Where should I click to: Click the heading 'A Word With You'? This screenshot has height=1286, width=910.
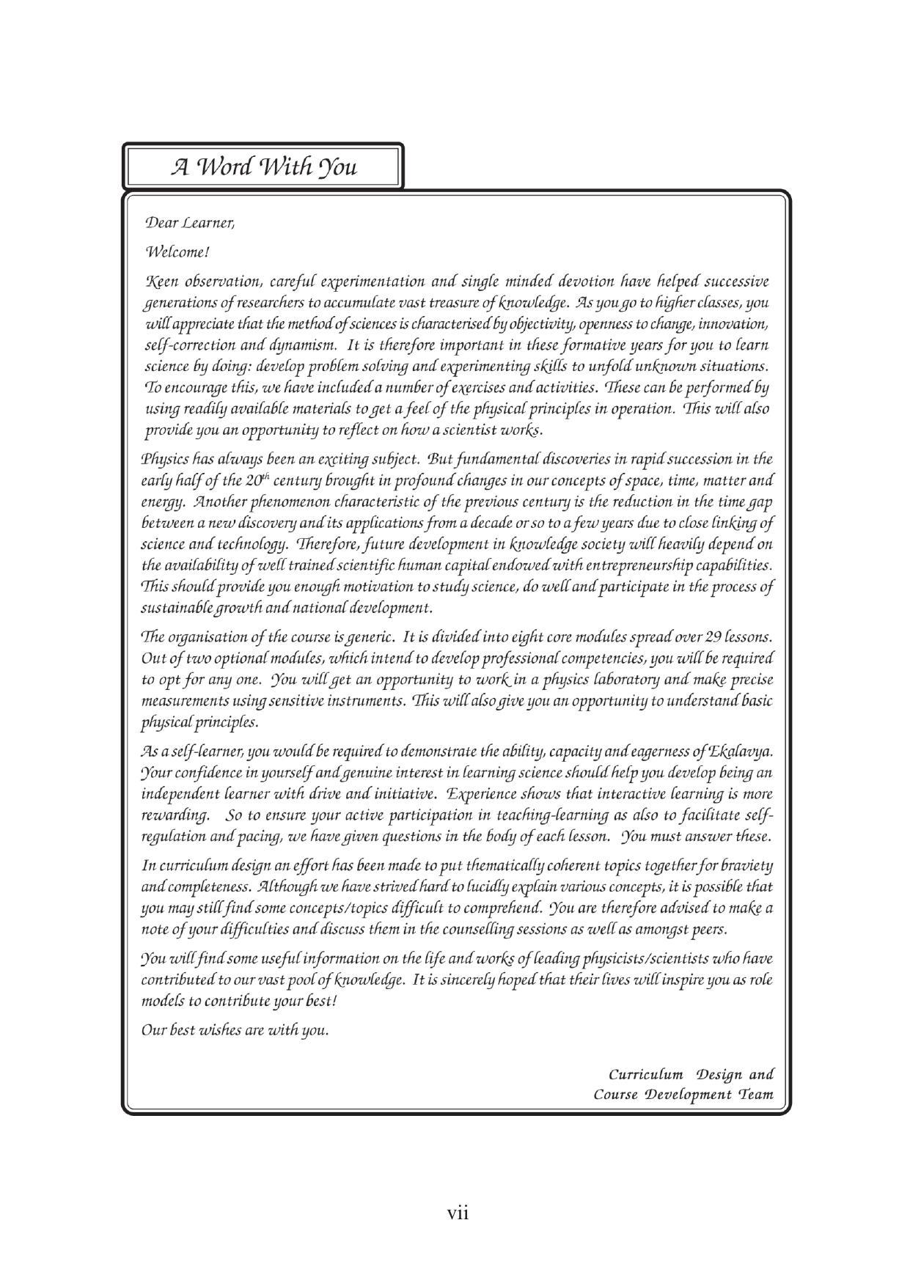[x=264, y=167]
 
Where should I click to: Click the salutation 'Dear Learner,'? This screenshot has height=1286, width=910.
[x=190, y=222]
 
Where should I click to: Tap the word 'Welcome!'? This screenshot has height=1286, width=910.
[x=177, y=252]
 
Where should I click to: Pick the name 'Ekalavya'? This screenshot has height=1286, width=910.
[x=741, y=752]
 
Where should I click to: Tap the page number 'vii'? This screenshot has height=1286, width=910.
[x=458, y=1213]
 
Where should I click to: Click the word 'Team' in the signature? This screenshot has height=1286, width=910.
[x=756, y=1095]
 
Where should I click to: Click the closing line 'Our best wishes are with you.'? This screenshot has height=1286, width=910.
[x=235, y=1030]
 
